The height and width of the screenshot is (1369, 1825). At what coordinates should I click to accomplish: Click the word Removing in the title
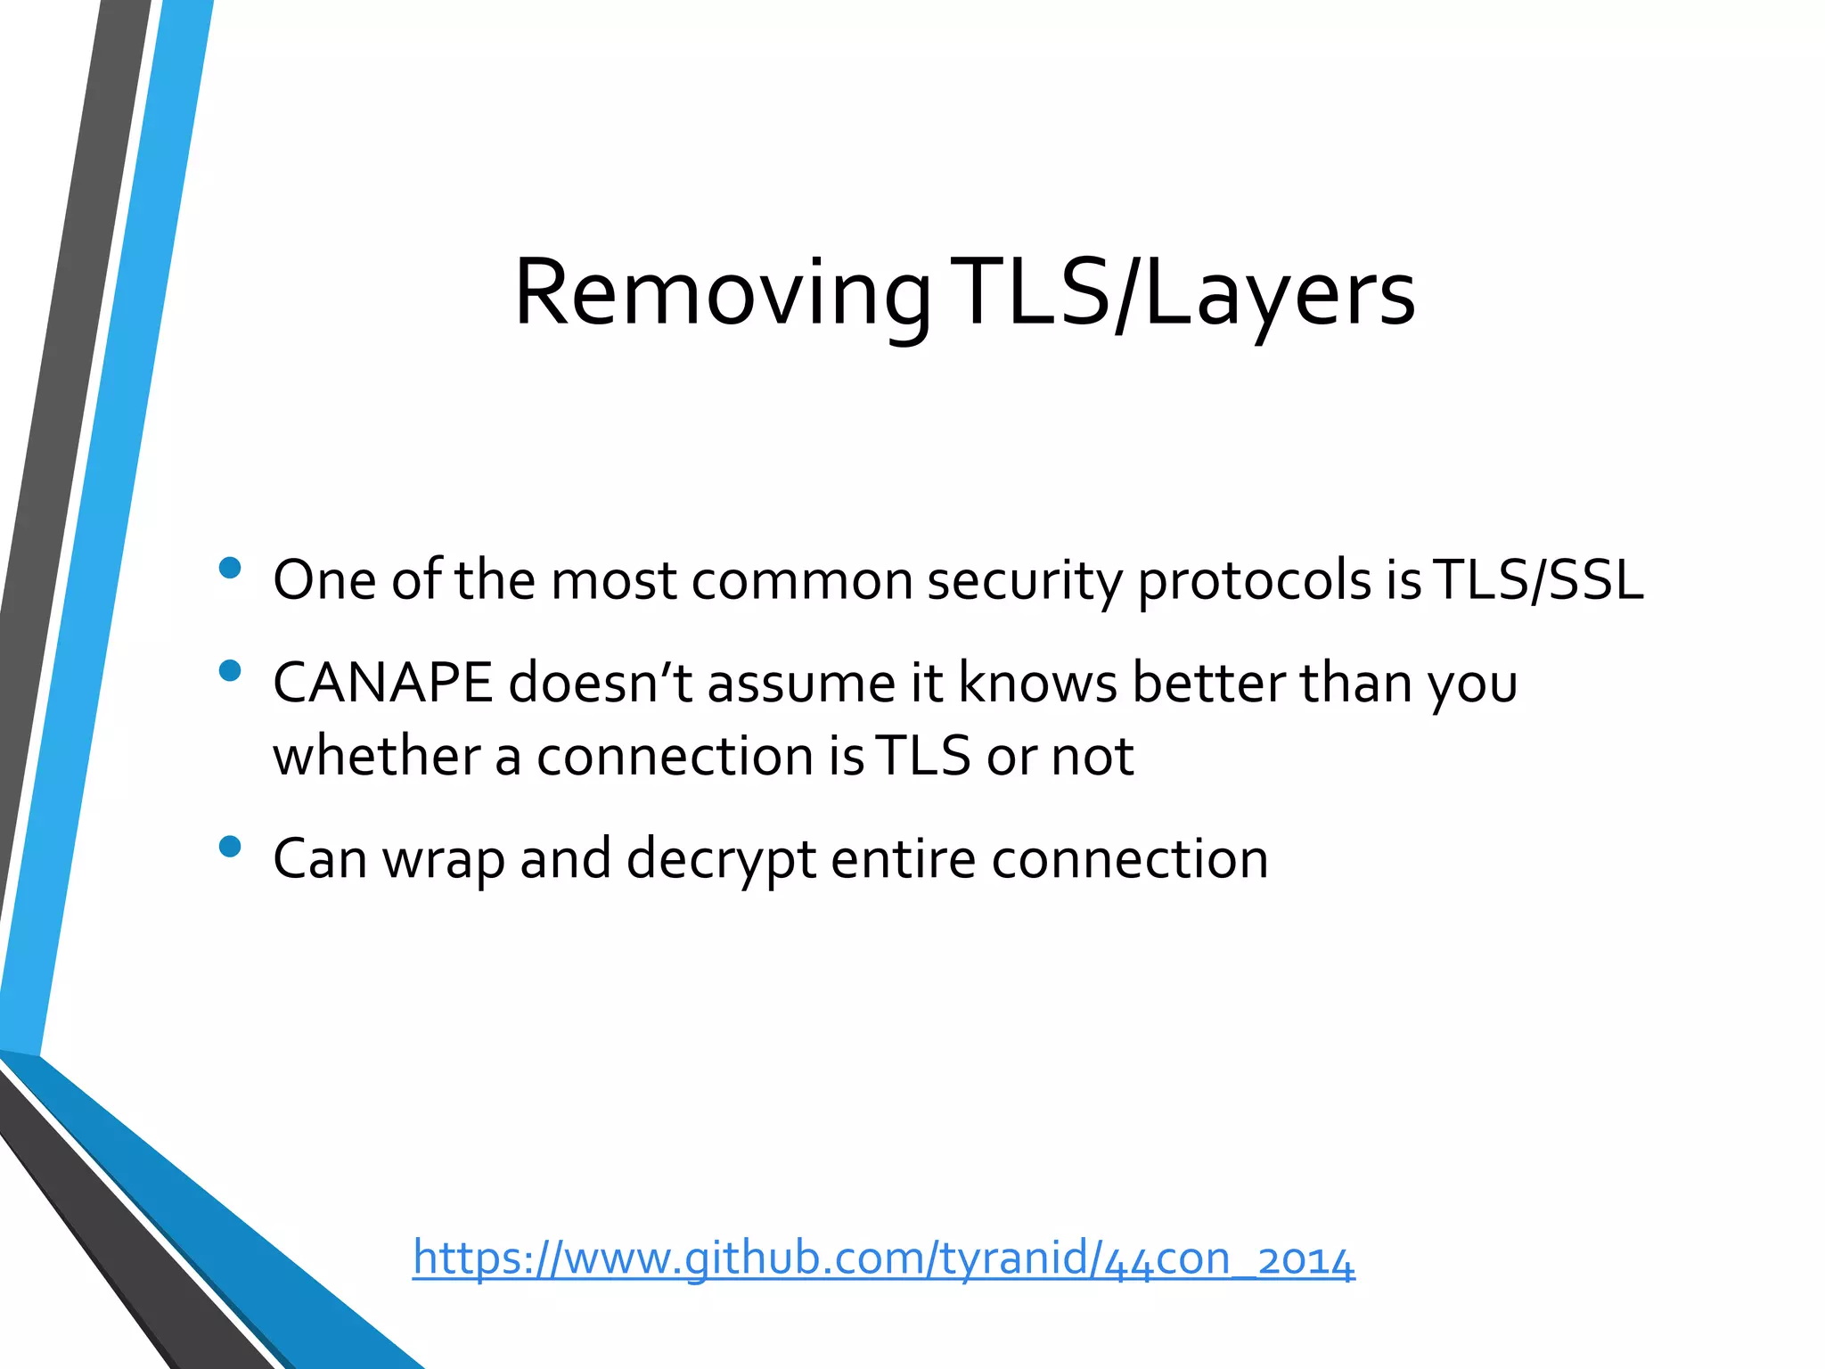pos(722,294)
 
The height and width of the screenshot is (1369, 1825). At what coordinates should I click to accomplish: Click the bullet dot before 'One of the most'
pos(230,569)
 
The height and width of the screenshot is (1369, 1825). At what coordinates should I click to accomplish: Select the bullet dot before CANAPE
pos(230,670)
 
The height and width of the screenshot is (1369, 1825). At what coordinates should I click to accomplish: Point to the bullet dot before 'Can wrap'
pos(230,846)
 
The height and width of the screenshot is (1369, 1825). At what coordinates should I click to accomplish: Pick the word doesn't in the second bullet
pos(600,684)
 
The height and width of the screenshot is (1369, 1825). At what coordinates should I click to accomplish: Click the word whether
pos(376,756)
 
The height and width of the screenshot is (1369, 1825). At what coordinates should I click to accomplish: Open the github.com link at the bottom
pos(882,1258)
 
